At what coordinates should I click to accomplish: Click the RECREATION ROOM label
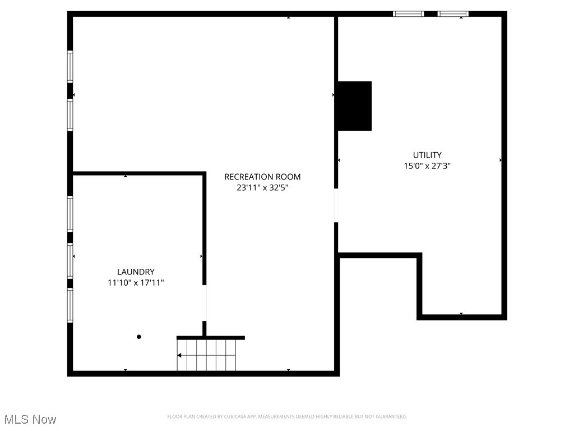[262, 177]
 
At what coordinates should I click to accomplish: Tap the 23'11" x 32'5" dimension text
[262, 188]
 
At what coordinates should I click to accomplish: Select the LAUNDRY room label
[136, 272]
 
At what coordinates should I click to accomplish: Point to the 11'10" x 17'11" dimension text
[136, 283]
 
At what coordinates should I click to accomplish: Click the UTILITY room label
[427, 155]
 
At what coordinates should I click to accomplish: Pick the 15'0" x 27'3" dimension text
[427, 166]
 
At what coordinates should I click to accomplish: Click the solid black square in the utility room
[354, 106]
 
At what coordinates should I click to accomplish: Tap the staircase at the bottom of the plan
[206, 355]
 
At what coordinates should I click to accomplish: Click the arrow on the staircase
[179, 355]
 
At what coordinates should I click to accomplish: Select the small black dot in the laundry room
[139, 337]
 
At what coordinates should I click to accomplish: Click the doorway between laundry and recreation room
[205, 303]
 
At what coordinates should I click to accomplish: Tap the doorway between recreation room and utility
[336, 205]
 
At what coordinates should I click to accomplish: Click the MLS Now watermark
[30, 419]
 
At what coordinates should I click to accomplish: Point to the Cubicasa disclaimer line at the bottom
[287, 416]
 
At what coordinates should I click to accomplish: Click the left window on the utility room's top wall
[408, 14]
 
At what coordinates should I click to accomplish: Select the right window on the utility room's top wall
[453, 14]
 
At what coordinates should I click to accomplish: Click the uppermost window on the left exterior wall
[70, 67]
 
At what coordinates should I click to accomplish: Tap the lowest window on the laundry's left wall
[70, 305]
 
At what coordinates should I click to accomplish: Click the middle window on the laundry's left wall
[70, 259]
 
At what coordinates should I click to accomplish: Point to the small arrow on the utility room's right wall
[501, 161]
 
